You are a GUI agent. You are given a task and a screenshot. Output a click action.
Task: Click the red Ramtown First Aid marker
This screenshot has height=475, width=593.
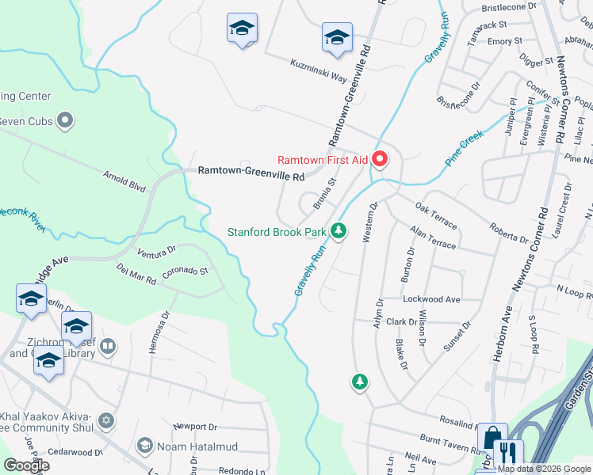pos(380,160)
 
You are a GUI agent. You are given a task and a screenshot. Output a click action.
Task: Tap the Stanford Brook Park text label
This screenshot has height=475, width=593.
pos(277,233)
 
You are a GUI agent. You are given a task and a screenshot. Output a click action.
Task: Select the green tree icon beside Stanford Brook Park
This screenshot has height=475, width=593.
pos(339,231)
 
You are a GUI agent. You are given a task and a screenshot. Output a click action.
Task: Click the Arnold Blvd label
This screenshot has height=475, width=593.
pos(124,180)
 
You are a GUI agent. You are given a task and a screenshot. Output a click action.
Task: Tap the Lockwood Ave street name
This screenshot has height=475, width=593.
pos(431,300)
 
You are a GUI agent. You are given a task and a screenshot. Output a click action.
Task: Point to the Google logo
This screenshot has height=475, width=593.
pos(26,465)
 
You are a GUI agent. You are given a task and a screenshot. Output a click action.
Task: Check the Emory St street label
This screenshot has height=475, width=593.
pos(505,41)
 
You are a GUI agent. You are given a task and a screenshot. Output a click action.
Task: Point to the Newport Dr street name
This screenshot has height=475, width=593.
pos(195,427)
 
